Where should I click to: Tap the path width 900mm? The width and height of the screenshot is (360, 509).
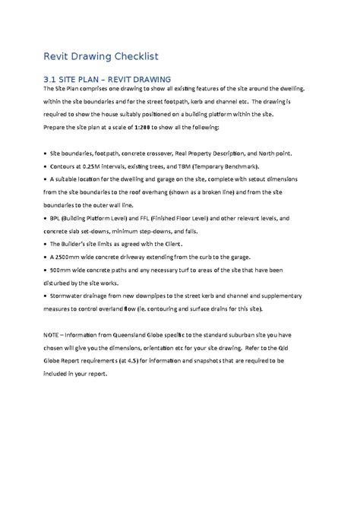pos(63,270)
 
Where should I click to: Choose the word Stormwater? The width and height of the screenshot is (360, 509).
pos(69,296)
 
